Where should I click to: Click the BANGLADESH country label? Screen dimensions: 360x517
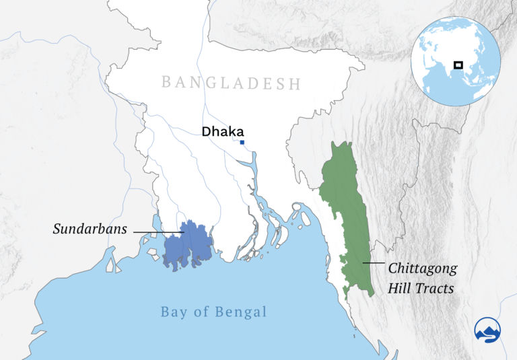[231, 83]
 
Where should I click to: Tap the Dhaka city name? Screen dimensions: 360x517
[222, 132]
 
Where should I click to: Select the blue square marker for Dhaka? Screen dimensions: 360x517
[242, 143]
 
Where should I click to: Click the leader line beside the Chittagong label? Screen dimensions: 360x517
[374, 262]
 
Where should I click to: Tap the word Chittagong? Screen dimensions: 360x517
[423, 268]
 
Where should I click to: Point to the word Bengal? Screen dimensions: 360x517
[242, 312]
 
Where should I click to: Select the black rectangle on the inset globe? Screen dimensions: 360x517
[458, 65]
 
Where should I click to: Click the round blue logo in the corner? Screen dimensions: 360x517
[488, 330]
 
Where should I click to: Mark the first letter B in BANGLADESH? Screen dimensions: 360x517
[167, 83]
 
